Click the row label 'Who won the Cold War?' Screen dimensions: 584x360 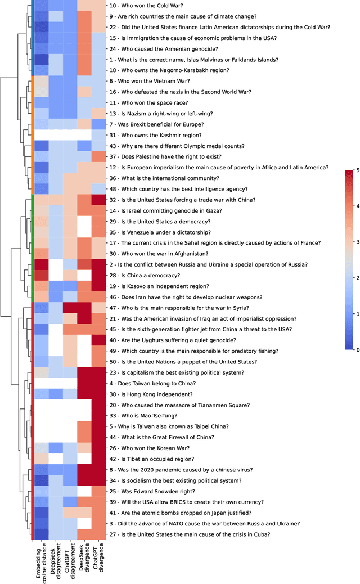pos(144,5)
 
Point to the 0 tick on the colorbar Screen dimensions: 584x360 pos(354,349)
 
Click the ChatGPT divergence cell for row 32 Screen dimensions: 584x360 pos(98,200)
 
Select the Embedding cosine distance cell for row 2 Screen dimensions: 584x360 pos(41,264)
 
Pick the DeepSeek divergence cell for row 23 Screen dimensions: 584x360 pos(84,372)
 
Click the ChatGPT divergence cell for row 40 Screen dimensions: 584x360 pos(98,340)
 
